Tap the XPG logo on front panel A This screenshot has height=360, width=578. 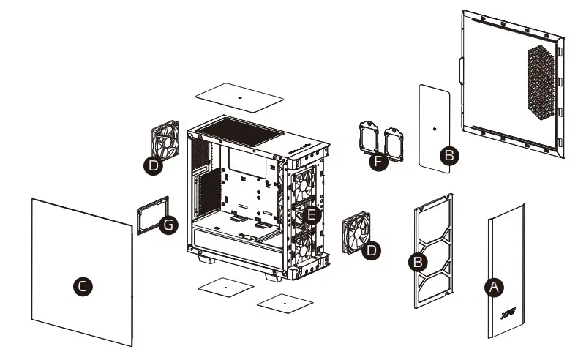[506, 318]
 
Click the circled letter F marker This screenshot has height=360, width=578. [377, 161]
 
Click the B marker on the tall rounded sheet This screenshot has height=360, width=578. [450, 154]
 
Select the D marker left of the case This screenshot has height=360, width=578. [153, 167]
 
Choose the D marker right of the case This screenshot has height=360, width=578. [372, 250]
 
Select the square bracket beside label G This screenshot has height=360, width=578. [154, 214]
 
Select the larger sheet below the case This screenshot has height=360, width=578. [224, 288]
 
